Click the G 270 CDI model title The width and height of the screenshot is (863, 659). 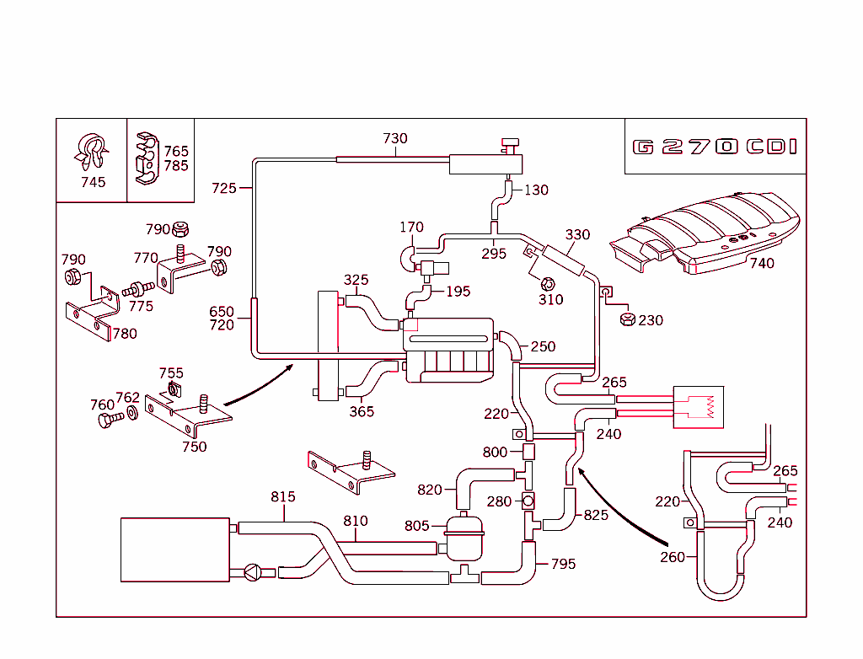point(715,147)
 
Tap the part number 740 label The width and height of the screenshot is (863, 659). point(761,263)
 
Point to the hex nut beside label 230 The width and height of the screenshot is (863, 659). point(627,319)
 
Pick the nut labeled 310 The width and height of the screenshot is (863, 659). point(549,283)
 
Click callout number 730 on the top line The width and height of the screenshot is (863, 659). point(394,139)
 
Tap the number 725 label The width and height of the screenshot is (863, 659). point(224,188)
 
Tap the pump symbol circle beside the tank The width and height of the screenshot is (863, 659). point(252,572)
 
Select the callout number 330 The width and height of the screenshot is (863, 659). point(577,234)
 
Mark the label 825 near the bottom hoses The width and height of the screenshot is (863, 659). point(596,515)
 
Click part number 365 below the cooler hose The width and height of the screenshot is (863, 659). point(362,412)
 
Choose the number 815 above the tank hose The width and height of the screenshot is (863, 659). point(283,496)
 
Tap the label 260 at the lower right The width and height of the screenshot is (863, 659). point(673,556)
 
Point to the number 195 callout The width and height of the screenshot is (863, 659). point(458,292)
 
